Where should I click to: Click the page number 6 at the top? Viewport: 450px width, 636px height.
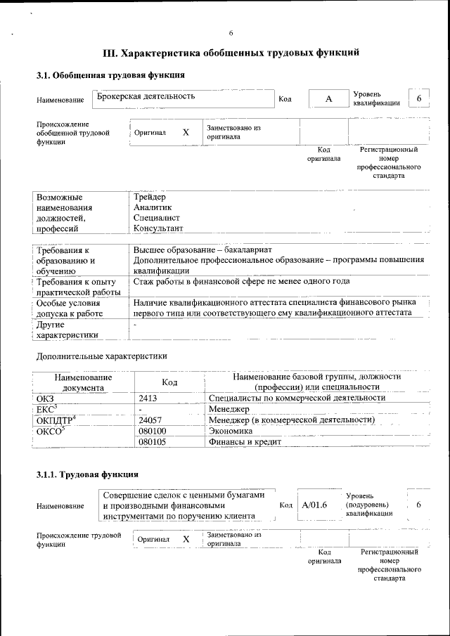(x=231, y=33)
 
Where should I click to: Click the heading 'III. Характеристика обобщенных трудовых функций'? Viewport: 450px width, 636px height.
(x=231, y=53)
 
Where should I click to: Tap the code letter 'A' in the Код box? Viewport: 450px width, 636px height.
(x=328, y=100)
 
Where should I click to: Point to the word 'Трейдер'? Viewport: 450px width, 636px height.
(x=150, y=197)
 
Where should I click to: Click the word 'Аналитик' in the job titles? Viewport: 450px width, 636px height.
(x=153, y=208)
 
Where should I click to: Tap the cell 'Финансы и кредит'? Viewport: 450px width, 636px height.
(x=245, y=442)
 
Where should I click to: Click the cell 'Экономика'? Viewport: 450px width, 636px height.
(x=231, y=431)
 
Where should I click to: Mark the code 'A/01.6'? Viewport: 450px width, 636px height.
(x=314, y=505)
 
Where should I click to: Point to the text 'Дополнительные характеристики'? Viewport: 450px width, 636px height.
(x=101, y=356)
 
